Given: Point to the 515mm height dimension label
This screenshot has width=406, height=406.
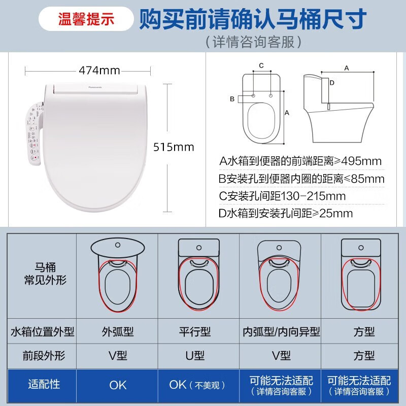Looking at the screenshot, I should [x=174, y=147].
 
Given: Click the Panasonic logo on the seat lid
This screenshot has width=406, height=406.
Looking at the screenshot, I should [x=95, y=87].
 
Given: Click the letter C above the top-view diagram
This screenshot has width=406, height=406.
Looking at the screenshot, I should [x=261, y=65].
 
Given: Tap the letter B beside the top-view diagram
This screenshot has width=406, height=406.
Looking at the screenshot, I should [x=232, y=98].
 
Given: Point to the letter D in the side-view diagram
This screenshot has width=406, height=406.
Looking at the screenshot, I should [x=331, y=82].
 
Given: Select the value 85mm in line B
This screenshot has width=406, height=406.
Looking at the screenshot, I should [x=367, y=179].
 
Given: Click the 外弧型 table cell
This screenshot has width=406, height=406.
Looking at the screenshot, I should [x=118, y=332].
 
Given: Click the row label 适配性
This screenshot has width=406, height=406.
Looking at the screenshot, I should [x=43, y=384].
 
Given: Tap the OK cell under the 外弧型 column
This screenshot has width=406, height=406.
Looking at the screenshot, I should [x=118, y=385].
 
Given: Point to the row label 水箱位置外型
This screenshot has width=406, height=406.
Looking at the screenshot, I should [x=43, y=332].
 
